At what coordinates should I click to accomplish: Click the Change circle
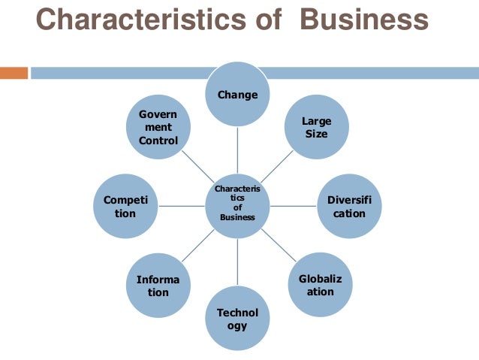click(x=237, y=95)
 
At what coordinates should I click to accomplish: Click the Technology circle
click(x=237, y=319)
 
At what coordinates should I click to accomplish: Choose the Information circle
click(x=158, y=286)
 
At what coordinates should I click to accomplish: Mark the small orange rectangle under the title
click(x=14, y=73)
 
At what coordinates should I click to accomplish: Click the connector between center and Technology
click(x=237, y=262)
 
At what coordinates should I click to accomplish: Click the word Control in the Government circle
click(x=158, y=141)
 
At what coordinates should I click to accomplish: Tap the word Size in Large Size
click(x=316, y=134)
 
